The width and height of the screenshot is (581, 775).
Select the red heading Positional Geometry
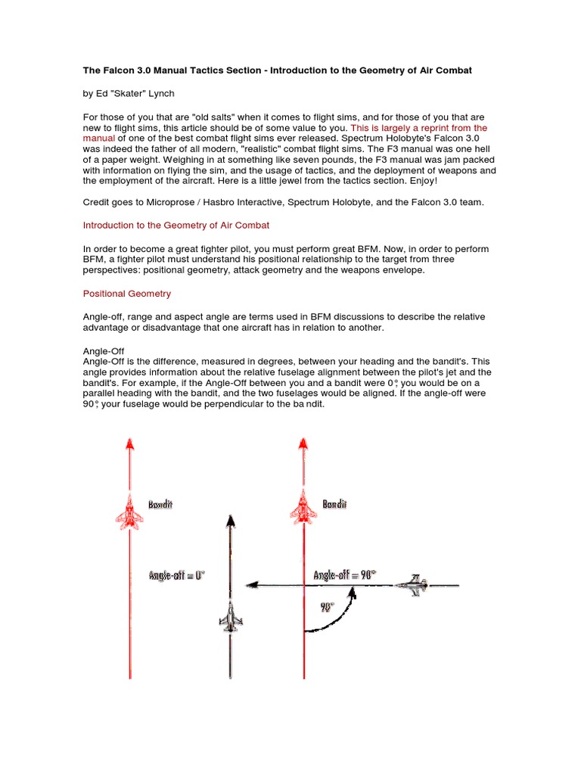click(x=127, y=293)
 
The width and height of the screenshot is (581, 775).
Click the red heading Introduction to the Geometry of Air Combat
click(x=176, y=226)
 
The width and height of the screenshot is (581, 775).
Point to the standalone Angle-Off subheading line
click(x=104, y=351)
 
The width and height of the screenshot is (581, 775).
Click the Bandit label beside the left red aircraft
click(x=160, y=504)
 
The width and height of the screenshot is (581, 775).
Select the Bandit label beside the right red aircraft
click(x=335, y=504)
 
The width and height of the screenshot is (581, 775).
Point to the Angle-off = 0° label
click(x=177, y=576)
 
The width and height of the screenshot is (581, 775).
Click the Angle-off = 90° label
click(x=345, y=576)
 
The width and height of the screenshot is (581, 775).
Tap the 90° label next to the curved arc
click(x=327, y=606)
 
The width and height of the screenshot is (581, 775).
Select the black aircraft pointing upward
click(x=230, y=616)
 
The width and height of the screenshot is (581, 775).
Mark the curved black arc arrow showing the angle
click(x=338, y=615)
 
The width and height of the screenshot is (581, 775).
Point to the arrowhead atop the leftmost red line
click(x=129, y=444)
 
